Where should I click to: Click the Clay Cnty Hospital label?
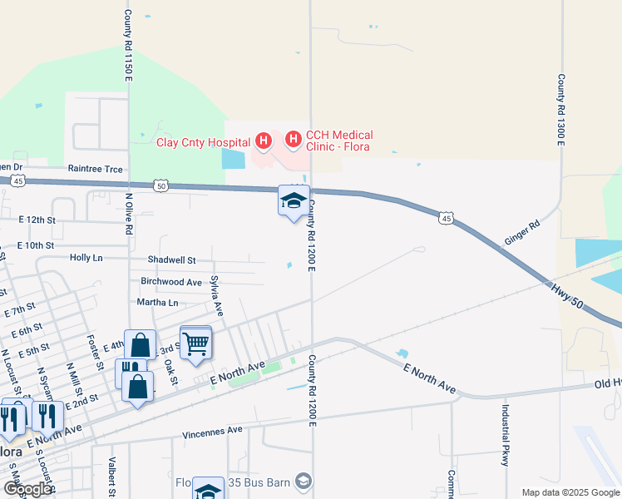(x=204, y=142)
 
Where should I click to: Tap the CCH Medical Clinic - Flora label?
(x=338, y=141)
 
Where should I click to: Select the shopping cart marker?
(x=195, y=342)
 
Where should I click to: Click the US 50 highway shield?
(x=160, y=186)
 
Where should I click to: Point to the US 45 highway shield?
(x=447, y=219)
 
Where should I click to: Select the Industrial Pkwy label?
(x=505, y=435)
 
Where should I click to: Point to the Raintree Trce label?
(x=95, y=169)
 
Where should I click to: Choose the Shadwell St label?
(x=171, y=260)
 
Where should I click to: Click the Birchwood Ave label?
(x=171, y=282)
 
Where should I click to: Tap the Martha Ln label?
(x=158, y=303)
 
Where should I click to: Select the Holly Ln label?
(x=86, y=258)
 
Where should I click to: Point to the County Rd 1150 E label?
(x=128, y=46)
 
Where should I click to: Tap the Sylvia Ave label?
(x=217, y=296)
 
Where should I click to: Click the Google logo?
(x=27, y=489)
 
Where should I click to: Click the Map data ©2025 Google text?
(x=570, y=492)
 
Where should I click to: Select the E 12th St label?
(x=37, y=220)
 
